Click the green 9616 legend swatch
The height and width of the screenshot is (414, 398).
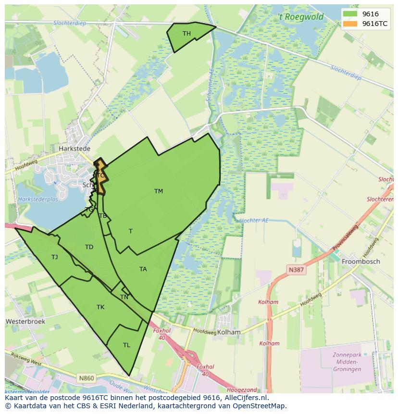pos(351,14)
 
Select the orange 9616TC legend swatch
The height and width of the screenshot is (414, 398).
pos(351,24)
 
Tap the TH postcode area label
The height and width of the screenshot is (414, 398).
pos(187,34)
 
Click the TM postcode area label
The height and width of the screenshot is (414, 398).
pos(159,191)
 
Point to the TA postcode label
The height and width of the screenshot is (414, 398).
pos(143,269)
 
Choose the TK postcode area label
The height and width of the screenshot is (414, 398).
pos(100,307)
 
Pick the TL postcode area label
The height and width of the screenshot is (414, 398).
pos(126,345)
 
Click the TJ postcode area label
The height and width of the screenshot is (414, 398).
pos(55,257)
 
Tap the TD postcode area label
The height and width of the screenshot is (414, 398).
pos(89,247)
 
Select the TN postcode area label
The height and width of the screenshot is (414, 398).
pos(124,297)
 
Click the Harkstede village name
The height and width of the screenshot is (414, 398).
pos(75,149)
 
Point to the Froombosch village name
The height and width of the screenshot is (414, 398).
pos(361,262)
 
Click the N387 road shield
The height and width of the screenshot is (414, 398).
pos(296,270)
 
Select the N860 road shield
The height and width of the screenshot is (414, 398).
pos(87,378)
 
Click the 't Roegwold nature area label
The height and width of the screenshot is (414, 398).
pos(301,18)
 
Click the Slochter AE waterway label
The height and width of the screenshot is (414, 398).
pos(253,220)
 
